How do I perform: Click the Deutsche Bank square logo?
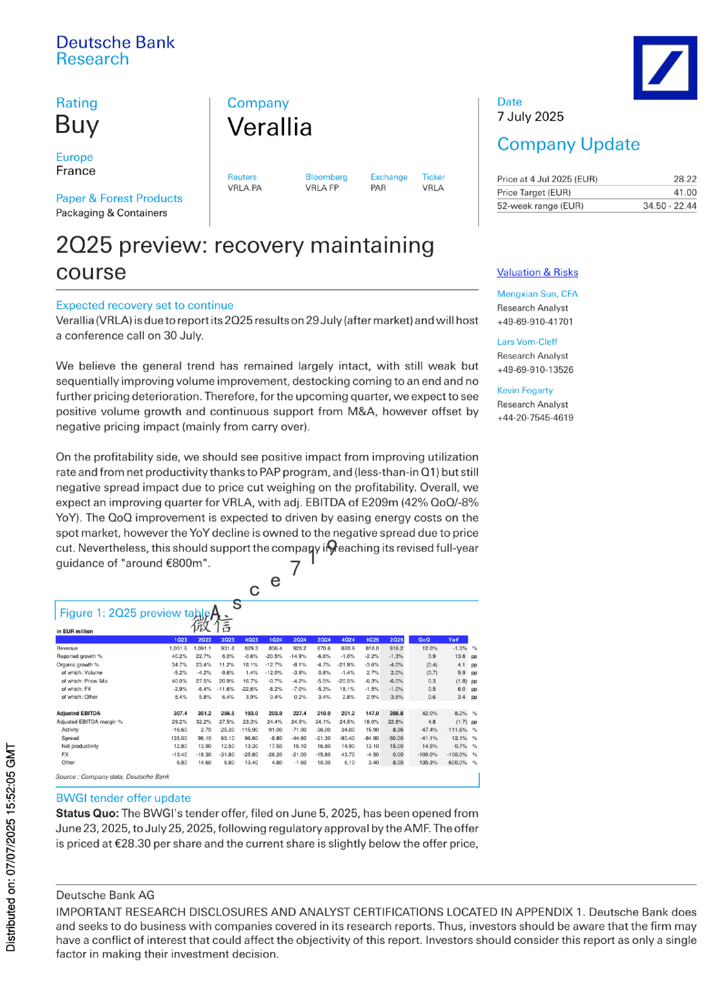click(x=665, y=67)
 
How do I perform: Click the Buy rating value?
click(x=77, y=125)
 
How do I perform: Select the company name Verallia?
click(x=269, y=127)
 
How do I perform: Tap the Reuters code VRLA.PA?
click(x=245, y=188)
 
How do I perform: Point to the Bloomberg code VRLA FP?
click(x=322, y=188)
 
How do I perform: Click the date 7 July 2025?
click(x=530, y=117)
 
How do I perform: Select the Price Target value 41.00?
click(x=685, y=192)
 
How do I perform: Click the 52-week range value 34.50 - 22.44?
click(x=669, y=206)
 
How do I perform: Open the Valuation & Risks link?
click(x=537, y=273)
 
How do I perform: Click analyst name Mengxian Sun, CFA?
click(x=537, y=294)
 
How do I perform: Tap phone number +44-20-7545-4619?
click(x=535, y=418)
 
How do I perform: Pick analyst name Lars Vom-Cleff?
click(x=527, y=342)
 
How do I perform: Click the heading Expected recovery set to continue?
click(x=144, y=305)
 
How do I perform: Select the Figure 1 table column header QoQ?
click(x=424, y=640)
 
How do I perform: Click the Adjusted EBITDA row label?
click(x=79, y=713)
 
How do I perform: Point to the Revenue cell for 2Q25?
click(x=396, y=648)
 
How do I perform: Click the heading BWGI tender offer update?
click(x=123, y=798)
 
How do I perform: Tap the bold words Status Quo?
click(x=87, y=813)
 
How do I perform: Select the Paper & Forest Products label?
click(x=119, y=198)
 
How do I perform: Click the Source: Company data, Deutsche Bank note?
click(x=112, y=776)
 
